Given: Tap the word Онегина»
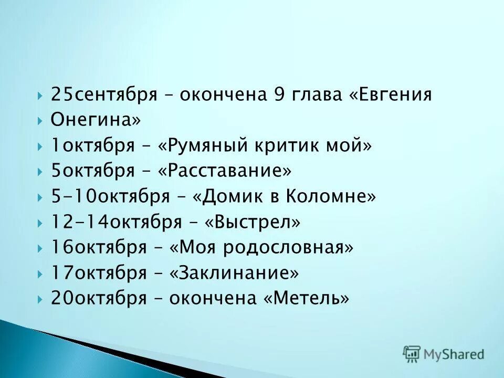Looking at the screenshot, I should point(96,120).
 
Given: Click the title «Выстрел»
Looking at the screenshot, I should point(253,222).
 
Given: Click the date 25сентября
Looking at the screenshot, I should point(104,95).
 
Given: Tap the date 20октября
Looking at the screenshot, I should point(99,298).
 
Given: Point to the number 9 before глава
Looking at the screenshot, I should point(278,95).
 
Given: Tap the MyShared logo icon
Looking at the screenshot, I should point(412,354).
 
